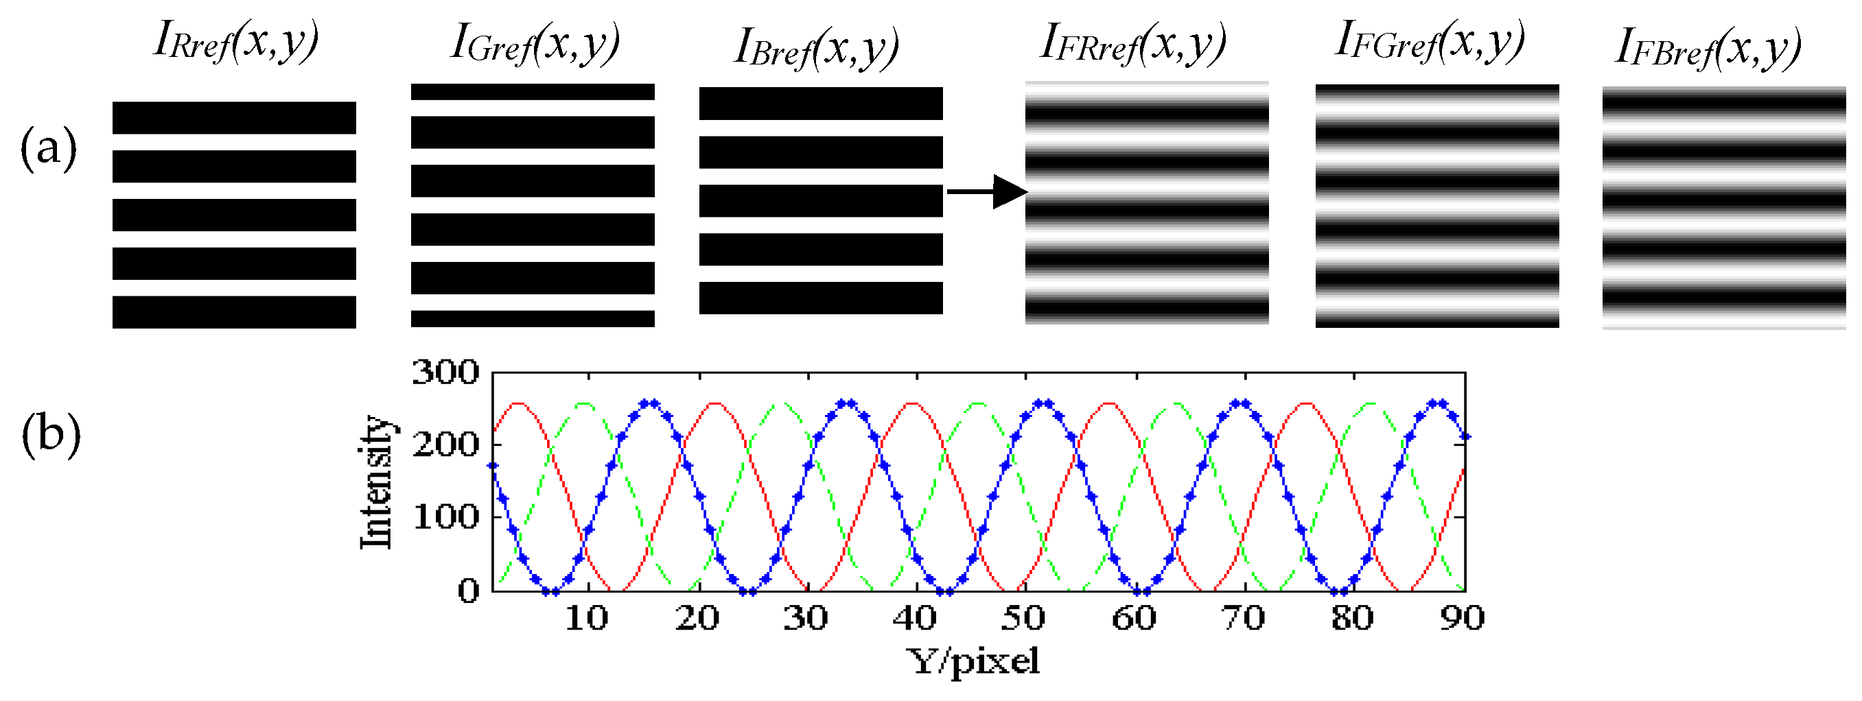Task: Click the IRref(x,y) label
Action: pos(235,42)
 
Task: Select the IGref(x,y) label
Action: pos(535,43)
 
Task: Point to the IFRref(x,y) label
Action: pos(1132,43)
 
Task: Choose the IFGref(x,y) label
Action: pos(1429,40)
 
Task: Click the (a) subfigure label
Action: pos(49,148)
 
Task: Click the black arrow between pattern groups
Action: pos(987,191)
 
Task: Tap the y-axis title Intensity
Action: pos(377,482)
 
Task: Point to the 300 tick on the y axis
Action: pos(445,373)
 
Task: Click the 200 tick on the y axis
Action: pos(445,444)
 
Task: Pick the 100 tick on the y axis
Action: pos(445,516)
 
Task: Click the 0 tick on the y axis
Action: pos(467,591)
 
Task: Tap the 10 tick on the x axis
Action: pos(587,619)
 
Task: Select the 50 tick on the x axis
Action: pos(1023,619)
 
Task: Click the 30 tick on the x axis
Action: pos(805,619)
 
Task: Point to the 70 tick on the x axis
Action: pos(1243,619)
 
